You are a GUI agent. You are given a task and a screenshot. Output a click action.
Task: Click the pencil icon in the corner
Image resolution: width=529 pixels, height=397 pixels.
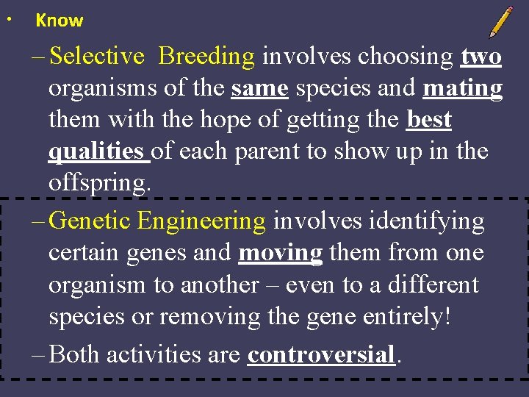[x=501, y=22]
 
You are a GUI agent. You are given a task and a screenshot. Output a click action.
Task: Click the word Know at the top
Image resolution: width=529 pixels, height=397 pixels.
[x=60, y=21]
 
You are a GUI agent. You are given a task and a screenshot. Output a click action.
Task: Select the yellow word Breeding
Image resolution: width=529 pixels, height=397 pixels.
[x=206, y=56]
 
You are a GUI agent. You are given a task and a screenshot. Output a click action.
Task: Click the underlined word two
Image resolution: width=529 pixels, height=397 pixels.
[x=481, y=56]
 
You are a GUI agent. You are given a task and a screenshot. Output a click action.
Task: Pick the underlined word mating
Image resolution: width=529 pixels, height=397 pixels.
[x=463, y=88]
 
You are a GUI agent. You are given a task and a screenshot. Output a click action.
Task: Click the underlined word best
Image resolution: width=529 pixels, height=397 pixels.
[x=429, y=119]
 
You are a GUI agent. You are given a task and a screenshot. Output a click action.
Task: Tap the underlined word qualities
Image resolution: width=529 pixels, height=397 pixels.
[x=96, y=151]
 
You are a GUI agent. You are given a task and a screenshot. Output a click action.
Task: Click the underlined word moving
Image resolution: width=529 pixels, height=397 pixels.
[x=281, y=253]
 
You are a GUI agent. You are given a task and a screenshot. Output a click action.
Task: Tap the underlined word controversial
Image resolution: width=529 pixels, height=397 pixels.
[x=322, y=354]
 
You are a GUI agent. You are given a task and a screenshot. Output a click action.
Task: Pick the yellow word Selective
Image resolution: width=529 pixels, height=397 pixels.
[x=98, y=56]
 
